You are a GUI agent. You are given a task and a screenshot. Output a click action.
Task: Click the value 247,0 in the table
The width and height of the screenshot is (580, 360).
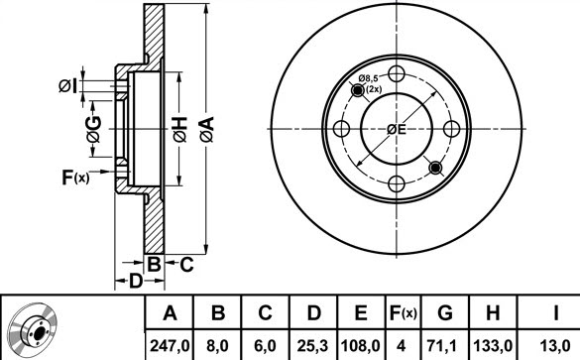pyautogui.click(x=170, y=346)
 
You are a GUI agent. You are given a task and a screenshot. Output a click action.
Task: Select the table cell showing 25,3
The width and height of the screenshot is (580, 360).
pyautogui.click(x=312, y=346)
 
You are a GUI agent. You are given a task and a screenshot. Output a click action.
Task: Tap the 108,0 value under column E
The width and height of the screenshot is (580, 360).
pyautogui.click(x=360, y=346)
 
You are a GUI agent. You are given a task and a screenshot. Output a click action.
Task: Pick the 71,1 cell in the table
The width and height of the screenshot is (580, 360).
pyautogui.click(x=444, y=346)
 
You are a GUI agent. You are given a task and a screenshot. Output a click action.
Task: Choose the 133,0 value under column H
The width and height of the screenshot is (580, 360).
pyautogui.click(x=493, y=346)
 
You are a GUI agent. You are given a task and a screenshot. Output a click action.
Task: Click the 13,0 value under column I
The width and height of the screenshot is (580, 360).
pyautogui.click(x=555, y=346)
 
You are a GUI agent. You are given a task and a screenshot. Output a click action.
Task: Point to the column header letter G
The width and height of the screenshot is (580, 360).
pyautogui.click(x=445, y=313)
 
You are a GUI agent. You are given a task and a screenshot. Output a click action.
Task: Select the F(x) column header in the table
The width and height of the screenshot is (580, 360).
pyautogui.click(x=404, y=313)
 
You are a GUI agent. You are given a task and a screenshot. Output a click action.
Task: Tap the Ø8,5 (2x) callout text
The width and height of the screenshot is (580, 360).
pyautogui.click(x=369, y=83)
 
